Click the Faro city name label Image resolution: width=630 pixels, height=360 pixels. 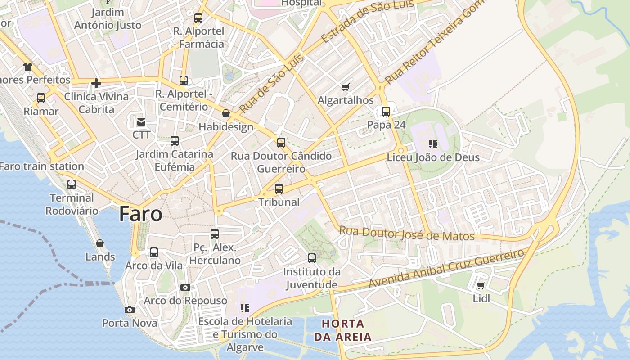(140, 214)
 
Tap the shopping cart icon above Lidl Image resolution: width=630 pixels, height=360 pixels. (481, 286)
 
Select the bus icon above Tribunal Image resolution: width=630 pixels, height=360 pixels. (279, 189)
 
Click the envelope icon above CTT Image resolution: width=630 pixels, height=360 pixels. (141, 121)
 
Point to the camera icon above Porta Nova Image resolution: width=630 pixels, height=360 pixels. (129, 310)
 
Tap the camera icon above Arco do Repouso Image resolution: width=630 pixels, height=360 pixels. (185, 287)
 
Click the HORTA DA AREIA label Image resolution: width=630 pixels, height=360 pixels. (343, 330)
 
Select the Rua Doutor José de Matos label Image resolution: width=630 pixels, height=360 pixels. (407, 234)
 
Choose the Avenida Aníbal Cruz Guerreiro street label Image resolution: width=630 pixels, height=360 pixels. (446, 268)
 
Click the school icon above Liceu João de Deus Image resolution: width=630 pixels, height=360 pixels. (433, 144)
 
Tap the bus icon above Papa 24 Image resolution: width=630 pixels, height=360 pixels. (386, 111)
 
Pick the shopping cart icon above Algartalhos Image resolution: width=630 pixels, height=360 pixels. (345, 87)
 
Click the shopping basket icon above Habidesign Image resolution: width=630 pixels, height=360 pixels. (226, 113)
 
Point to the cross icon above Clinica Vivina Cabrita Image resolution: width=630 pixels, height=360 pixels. (96, 83)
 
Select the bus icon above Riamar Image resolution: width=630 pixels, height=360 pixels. (41, 98)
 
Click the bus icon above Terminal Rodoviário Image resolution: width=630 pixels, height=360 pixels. (72, 184)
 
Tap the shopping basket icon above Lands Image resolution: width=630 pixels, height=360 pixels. (100, 243)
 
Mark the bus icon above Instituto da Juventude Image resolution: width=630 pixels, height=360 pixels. (312, 258)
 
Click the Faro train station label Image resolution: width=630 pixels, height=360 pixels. (42, 166)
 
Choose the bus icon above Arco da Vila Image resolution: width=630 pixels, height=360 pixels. (154, 252)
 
